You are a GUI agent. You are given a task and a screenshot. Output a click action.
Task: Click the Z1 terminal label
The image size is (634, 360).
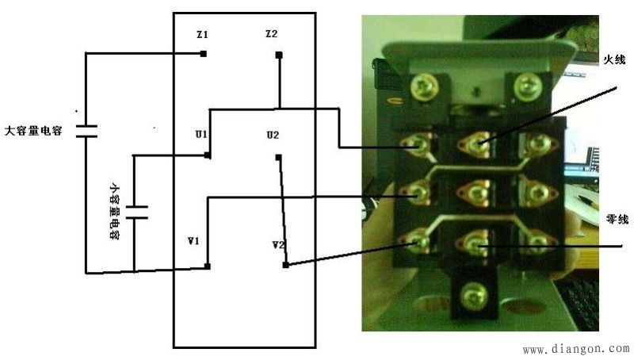tap(202, 36)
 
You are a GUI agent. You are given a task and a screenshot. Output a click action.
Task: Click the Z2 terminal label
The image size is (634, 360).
tap(271, 35)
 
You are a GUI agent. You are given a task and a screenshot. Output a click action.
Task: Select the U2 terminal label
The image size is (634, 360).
tap(273, 135)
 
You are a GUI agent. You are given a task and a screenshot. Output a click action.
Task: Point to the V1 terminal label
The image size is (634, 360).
tap(193, 239)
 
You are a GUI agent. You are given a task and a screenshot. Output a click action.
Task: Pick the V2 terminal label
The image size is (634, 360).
tap(277, 245)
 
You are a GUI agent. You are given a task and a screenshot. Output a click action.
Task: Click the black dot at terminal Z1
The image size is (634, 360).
tap(204, 54)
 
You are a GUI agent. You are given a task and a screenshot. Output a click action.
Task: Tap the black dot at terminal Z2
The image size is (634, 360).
tap(279, 56)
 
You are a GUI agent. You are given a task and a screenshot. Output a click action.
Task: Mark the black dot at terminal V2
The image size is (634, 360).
tap(285, 265)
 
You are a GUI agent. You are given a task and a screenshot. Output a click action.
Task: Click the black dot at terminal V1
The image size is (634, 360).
tap(206, 266)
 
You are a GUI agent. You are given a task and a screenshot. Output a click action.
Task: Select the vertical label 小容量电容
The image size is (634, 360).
tap(114, 212)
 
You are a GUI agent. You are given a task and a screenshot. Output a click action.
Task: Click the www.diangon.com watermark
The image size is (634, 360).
tap(575, 348)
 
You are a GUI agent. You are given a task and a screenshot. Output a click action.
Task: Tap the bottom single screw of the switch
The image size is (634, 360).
tap(474, 292)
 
